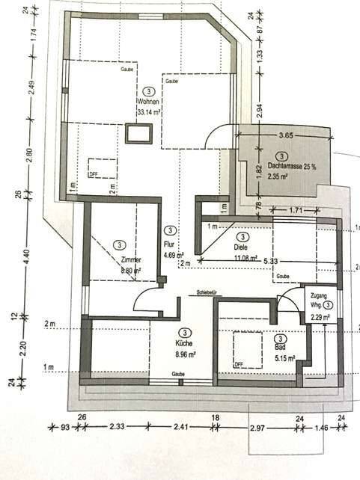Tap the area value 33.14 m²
click(x=150, y=112)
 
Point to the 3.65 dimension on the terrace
click(x=284, y=136)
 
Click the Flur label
click(x=169, y=244)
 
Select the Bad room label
click(x=280, y=348)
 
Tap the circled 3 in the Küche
click(x=183, y=332)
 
